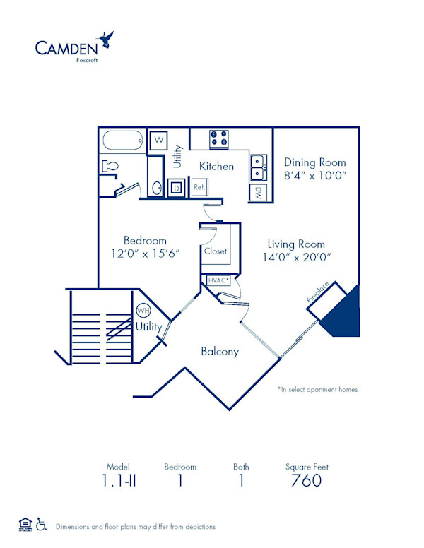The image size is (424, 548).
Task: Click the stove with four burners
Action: coord(219,139)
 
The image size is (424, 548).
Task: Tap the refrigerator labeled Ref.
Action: coord(199,188)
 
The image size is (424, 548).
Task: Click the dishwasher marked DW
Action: coord(259,191)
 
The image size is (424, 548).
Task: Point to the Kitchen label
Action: coord(216,167)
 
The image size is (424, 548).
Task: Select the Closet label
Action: coord(215,251)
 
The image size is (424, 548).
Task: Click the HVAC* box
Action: coord(218,280)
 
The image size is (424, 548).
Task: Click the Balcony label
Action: coord(219,351)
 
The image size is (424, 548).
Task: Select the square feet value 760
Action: coord(306,481)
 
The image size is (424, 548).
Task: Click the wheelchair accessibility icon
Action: coord(42,525)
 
